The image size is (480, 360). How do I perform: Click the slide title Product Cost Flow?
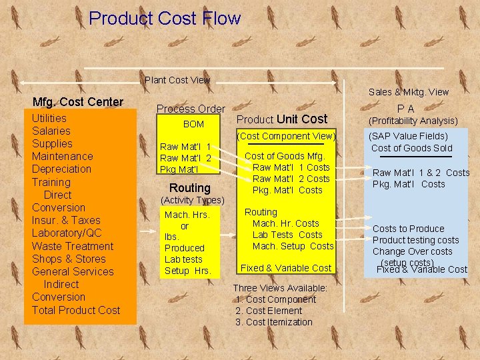click(165, 18)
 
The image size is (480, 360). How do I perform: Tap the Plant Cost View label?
click(177, 80)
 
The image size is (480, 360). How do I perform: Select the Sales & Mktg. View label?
click(409, 92)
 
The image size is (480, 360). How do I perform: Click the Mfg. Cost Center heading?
click(78, 102)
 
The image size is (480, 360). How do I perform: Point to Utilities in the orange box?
click(49, 118)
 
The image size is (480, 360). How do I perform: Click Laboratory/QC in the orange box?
click(67, 233)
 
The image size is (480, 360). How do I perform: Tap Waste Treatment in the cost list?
click(73, 245)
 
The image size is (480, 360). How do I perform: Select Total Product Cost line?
click(76, 309)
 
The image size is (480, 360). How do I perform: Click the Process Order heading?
click(191, 109)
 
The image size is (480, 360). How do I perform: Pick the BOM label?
click(193, 124)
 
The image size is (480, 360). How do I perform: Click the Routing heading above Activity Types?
click(190, 187)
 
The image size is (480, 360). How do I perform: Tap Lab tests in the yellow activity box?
click(183, 259)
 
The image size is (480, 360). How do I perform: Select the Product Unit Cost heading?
click(282, 119)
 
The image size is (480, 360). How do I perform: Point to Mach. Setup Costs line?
click(293, 246)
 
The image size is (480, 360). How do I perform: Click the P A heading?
click(405, 109)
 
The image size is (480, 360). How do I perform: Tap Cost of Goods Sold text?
click(411, 148)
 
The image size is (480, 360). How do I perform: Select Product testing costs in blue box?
click(415, 240)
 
